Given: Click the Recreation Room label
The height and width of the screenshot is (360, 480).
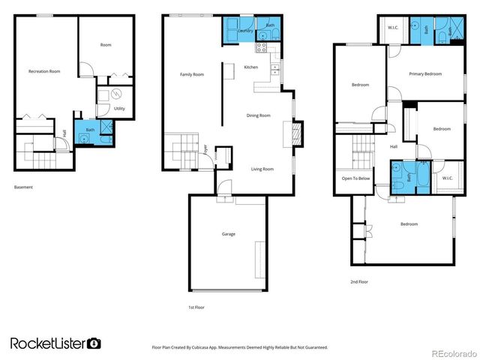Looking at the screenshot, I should (x=44, y=71).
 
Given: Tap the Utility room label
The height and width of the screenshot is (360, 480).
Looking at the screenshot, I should (x=119, y=109).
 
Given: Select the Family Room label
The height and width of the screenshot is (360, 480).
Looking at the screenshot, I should (x=192, y=74).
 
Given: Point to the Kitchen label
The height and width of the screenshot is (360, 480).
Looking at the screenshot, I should (x=251, y=67).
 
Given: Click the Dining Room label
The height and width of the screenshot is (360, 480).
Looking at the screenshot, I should (x=259, y=115).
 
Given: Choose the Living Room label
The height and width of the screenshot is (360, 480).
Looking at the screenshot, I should (x=262, y=169).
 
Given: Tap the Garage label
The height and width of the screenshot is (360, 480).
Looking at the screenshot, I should (x=228, y=234).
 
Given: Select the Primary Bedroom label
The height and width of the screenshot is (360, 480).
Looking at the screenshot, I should (x=425, y=73).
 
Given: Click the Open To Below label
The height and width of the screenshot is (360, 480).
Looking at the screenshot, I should (x=355, y=178).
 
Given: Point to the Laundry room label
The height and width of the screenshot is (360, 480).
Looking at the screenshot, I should (x=245, y=31).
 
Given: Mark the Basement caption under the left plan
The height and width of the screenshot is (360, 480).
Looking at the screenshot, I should (x=23, y=187).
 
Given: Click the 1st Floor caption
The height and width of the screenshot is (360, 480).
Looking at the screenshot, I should (x=196, y=307).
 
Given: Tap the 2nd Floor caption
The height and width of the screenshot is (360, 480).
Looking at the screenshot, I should (x=358, y=282).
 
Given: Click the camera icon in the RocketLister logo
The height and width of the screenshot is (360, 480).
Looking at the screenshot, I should (x=94, y=343).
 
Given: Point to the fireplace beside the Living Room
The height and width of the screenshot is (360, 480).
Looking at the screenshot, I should (x=296, y=135).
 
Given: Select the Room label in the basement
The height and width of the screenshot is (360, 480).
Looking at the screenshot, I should (x=106, y=45).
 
